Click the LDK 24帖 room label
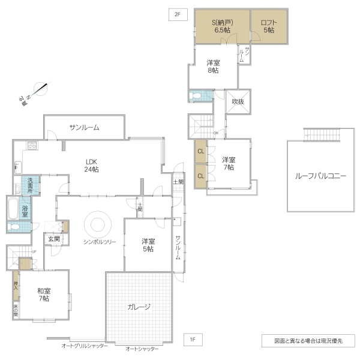tap(91, 165)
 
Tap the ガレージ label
tap(139, 307)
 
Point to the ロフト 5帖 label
tap(268, 26)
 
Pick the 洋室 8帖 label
tap(213, 66)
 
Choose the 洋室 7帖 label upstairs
tap(228, 163)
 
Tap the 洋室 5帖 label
tap(148, 245)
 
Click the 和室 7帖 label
tap(43, 294)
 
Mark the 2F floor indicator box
tap(177, 14)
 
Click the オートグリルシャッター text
tap(84, 346)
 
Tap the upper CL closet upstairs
tap(200, 151)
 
